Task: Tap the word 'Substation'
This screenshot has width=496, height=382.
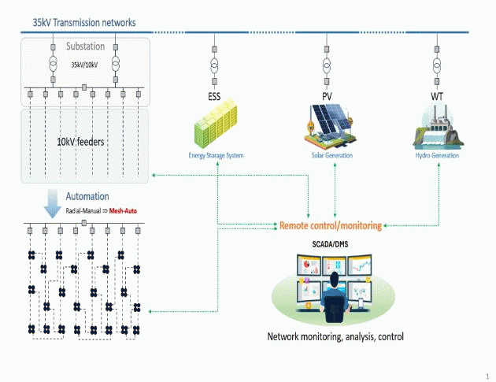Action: click(x=84, y=46)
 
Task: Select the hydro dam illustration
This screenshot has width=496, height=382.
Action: click(x=437, y=128)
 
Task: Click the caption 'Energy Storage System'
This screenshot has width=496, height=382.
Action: click(x=216, y=156)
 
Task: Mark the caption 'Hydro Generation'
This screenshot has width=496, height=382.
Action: click(x=437, y=156)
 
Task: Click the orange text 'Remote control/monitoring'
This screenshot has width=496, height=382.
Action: click(x=330, y=226)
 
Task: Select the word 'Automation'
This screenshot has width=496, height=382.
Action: click(x=87, y=196)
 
